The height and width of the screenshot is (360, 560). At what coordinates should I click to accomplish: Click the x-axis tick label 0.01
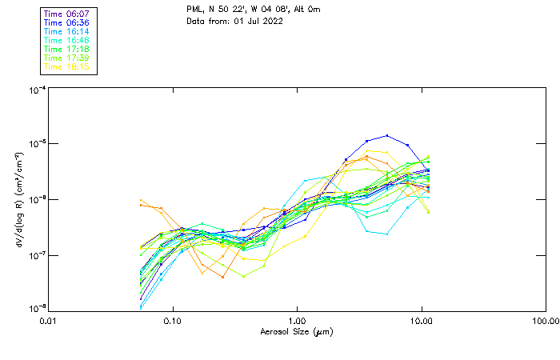click(49, 321)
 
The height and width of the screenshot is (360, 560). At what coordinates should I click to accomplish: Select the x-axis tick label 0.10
click(173, 321)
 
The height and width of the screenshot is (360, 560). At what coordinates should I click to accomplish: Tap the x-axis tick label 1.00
click(297, 321)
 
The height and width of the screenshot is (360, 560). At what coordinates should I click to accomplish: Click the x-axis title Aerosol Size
click(296, 331)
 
